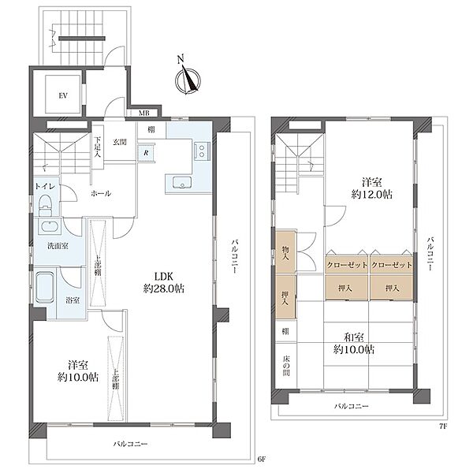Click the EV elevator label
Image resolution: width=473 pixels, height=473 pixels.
63,96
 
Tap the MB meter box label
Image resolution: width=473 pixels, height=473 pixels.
143,114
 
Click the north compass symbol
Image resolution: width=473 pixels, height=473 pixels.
188,78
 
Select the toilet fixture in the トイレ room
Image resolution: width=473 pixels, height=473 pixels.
46,205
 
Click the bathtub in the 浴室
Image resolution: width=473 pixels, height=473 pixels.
45,288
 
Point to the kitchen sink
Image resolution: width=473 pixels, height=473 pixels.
182,183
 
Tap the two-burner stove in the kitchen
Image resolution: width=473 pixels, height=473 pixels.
202,151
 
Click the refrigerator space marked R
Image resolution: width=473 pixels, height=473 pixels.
146,153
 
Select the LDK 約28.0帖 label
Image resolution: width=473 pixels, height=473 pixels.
163,282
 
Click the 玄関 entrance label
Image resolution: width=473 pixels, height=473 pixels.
120,142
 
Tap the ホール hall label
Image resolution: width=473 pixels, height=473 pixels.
101,194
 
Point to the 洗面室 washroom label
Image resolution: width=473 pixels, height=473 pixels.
58,246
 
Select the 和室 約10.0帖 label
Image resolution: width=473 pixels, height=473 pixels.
354,343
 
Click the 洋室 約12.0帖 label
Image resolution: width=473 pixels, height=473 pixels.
372,188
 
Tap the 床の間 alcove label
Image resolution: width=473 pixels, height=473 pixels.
286,366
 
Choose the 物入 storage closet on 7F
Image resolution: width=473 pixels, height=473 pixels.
285,252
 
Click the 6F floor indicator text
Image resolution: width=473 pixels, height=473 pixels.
262,460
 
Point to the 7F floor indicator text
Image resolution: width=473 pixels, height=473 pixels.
443,426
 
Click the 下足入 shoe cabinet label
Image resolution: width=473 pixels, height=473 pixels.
98,147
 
